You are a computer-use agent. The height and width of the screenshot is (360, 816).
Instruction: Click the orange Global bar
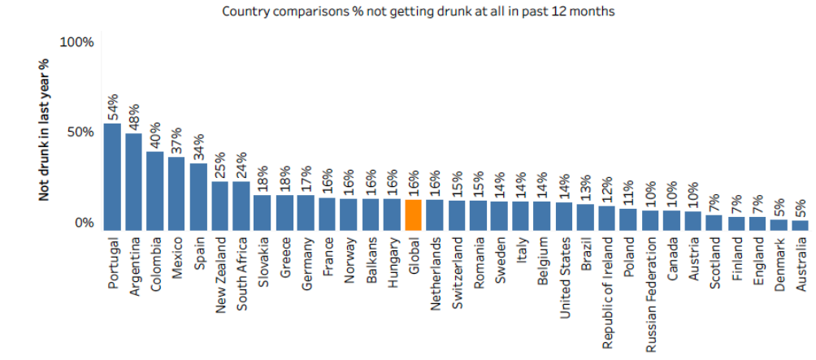pos(413,215)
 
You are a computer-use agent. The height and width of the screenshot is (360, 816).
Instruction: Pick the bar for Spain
pos(198,196)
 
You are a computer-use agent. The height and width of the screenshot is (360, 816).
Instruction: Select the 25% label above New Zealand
pos(219,165)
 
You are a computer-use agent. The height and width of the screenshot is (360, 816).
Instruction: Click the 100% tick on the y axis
pos(79,41)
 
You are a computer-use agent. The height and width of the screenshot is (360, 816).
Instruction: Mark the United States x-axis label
pos(564,269)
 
